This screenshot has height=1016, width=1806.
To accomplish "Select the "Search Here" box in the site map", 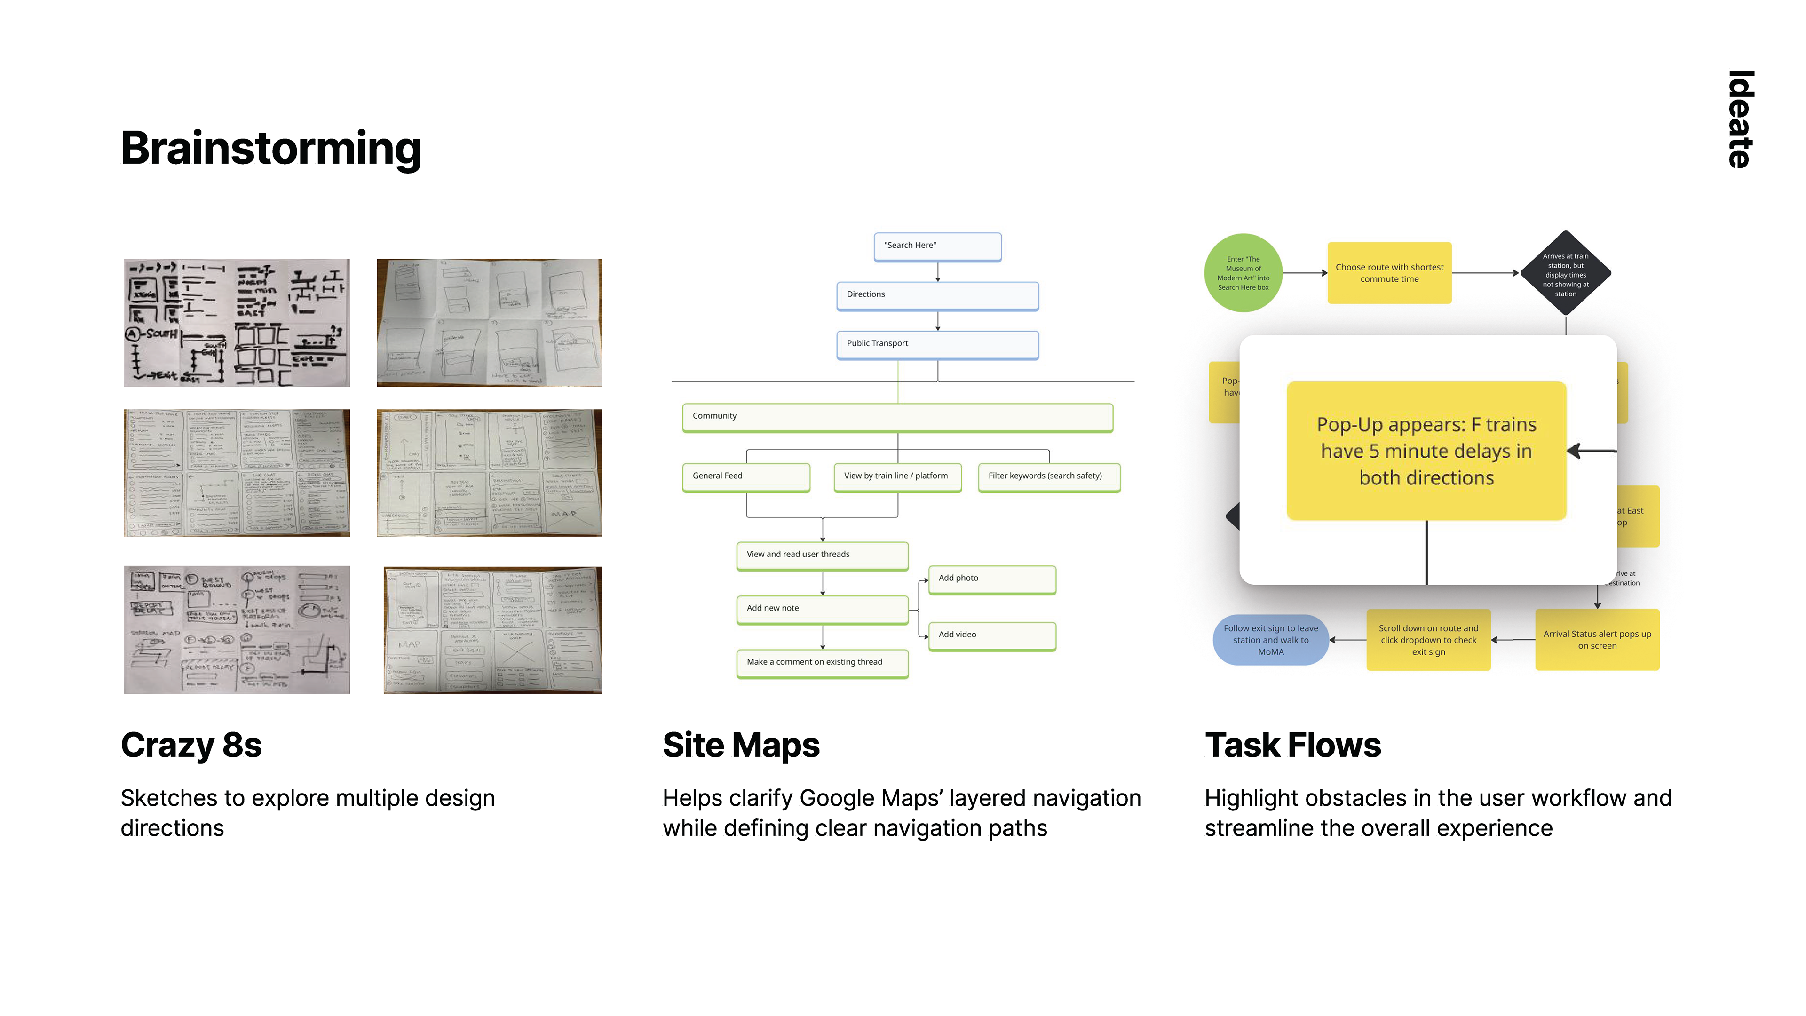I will pos(937,246).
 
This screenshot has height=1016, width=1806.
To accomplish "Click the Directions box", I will pos(937,295).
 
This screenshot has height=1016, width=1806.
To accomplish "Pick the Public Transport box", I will pos(937,344).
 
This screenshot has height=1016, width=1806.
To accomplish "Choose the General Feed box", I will pos(746,477).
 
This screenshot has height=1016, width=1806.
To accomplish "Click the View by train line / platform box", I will pos(897,477).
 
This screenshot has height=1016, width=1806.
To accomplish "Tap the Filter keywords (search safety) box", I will pos(1049,477).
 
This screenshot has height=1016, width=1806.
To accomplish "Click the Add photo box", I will pos(991,579).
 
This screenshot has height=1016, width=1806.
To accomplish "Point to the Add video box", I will pos(991,635).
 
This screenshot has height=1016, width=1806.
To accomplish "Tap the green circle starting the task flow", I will pos(1243,273).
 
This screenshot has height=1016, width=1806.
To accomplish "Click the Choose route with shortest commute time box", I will pos(1389,273).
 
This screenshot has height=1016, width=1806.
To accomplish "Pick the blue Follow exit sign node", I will pos(1270,640).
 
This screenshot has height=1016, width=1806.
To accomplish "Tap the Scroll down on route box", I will pos(1428,640).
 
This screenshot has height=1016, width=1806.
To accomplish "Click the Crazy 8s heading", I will pos(191,746).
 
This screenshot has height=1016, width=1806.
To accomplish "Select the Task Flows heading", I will pos(1292,746).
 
